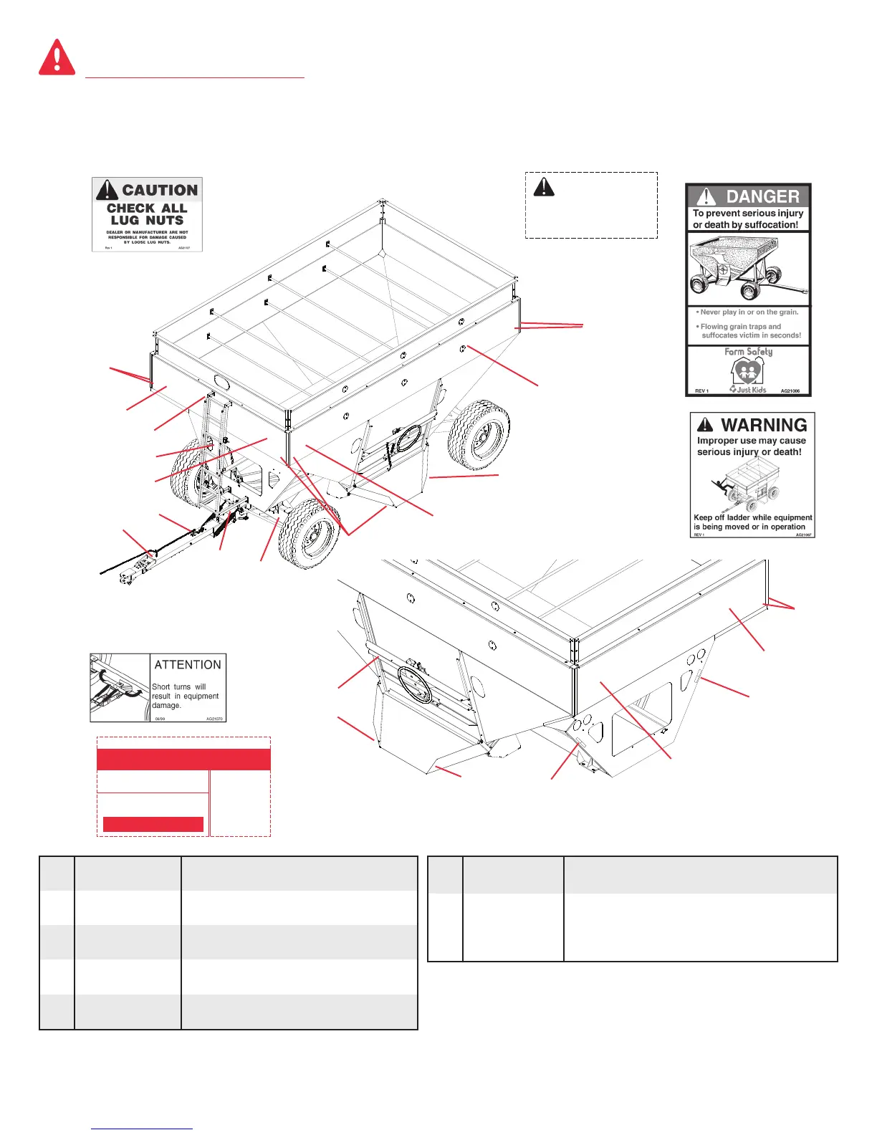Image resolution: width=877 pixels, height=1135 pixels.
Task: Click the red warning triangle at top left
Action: pos(57,57)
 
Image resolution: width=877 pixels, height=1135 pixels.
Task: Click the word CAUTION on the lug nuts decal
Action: pos(159,190)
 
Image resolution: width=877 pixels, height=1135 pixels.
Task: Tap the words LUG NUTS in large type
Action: pos(147,221)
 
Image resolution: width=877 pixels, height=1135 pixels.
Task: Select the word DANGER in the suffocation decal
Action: pos(762,196)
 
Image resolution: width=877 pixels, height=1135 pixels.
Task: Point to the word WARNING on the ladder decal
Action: pos(764,425)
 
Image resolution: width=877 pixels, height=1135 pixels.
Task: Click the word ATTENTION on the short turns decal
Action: pos(188,665)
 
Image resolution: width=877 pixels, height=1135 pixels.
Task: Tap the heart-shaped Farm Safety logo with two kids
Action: pos(747,370)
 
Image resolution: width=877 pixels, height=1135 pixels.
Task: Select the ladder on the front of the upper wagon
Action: pos(215,444)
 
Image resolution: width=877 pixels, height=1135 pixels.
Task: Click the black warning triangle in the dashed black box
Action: pos(544,187)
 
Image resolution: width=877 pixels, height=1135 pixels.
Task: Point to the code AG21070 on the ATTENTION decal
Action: pos(214,718)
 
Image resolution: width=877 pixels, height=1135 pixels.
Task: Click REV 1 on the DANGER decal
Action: pos(701,391)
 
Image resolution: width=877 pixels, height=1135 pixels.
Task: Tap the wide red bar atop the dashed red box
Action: pos(183,760)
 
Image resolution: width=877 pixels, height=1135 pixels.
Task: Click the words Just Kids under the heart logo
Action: pos(751,390)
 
